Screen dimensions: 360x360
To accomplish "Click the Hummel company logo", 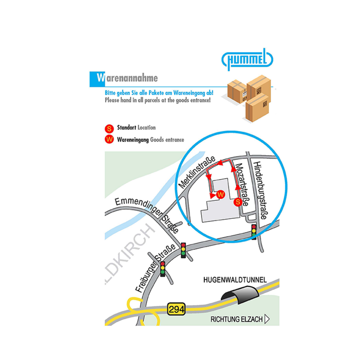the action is (x=247, y=59).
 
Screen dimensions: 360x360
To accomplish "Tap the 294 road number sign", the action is (x=176, y=309).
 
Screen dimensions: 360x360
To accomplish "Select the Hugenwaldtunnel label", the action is (x=235, y=280).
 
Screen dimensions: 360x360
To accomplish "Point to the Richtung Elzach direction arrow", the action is (x=267, y=319).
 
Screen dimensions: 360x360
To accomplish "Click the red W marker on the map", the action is (x=221, y=195).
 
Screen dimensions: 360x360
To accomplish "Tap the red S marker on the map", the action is (x=238, y=202).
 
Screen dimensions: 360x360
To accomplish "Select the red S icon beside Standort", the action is (x=109, y=129).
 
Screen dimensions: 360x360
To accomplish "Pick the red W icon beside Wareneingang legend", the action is (x=109, y=139).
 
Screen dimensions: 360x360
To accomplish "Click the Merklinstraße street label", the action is (x=197, y=172).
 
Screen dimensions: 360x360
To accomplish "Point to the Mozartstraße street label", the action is (x=242, y=185).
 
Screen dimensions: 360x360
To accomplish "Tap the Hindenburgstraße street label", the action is (x=261, y=190).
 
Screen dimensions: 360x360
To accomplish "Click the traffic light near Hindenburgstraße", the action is (x=254, y=231).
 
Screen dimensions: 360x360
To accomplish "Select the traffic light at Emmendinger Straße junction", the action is (x=183, y=250).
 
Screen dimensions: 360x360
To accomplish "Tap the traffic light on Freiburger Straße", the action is (x=163, y=269).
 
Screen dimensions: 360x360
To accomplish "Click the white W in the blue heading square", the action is (x=101, y=78).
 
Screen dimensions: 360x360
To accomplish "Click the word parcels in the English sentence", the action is (x=153, y=100).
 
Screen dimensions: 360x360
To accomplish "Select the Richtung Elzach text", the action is (x=236, y=319).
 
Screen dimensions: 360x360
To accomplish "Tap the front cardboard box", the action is (x=257, y=108).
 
